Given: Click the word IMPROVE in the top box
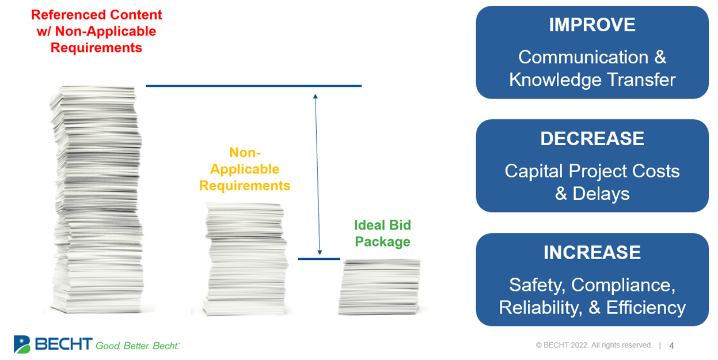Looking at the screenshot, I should (592, 25).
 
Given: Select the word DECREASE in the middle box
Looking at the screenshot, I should (592, 139).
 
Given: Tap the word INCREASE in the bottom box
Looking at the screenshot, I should (592, 252).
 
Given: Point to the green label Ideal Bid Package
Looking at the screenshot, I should (382, 233).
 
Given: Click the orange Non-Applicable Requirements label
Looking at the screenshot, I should (245, 169).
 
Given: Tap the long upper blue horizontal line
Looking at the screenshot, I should (253, 86).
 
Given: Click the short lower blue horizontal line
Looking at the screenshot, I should (318, 259).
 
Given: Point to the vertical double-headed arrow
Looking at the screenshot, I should (317, 173).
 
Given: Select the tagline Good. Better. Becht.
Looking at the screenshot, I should (138, 346).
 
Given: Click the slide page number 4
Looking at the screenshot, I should (671, 346).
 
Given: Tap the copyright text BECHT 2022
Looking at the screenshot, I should (594, 346).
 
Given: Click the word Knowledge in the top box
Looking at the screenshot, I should (552, 79).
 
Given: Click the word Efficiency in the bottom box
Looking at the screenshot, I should (645, 308).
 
